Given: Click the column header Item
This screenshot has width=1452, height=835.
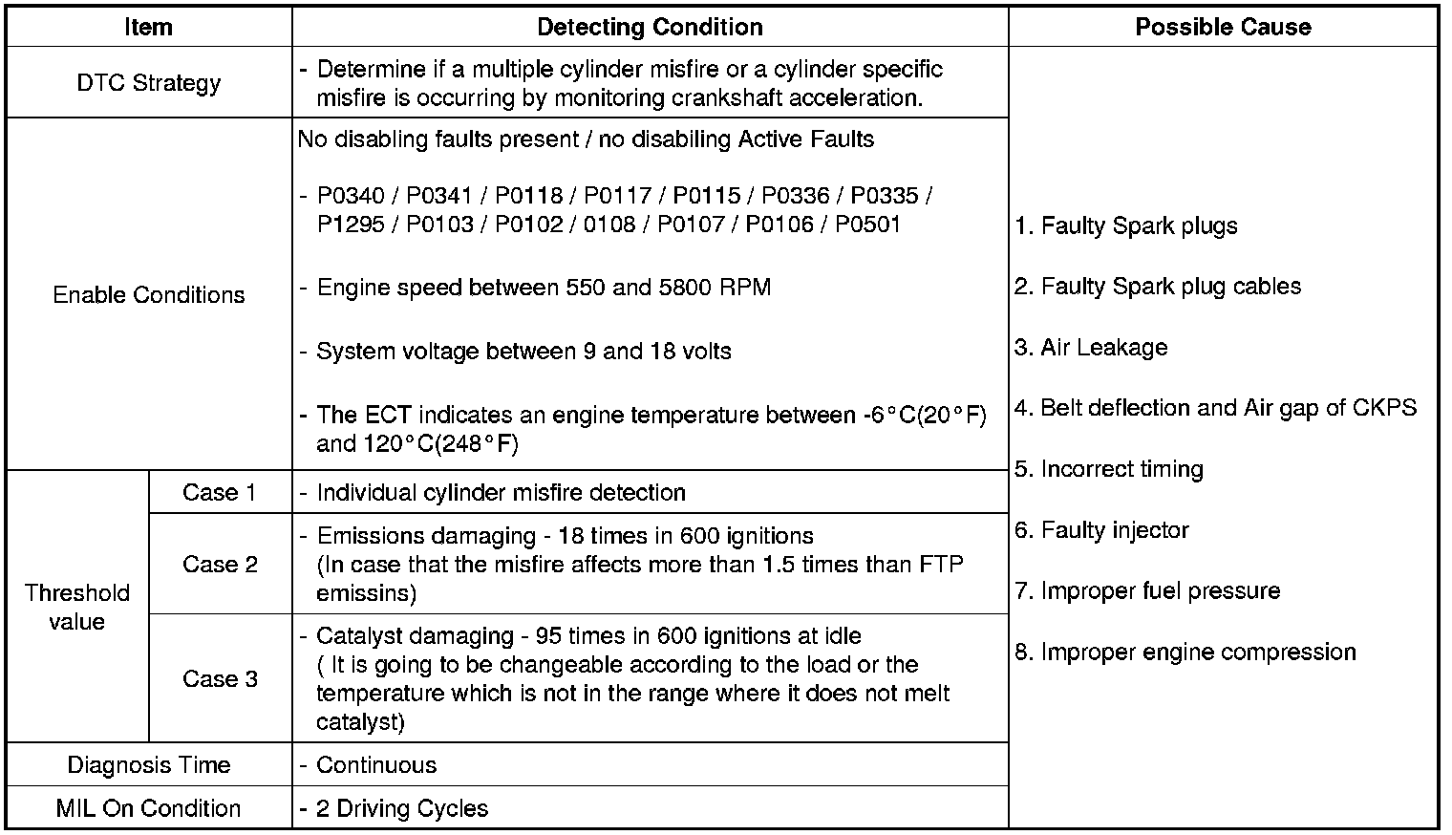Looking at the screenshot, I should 148,27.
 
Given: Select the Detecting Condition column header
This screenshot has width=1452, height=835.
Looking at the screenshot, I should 650,27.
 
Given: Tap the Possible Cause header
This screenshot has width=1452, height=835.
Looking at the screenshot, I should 1223,27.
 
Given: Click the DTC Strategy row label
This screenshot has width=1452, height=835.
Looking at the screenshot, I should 148,83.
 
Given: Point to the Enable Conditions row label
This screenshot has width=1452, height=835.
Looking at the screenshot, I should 148,294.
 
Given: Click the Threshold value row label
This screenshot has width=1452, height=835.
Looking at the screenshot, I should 76,607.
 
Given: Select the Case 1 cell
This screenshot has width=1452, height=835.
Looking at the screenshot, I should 220,492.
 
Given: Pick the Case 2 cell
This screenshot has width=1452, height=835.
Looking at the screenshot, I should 220,564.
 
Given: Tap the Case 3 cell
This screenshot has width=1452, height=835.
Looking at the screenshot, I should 220,678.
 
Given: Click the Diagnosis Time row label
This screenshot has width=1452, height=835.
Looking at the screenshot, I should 148,765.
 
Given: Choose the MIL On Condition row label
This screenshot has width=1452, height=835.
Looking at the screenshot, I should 148,808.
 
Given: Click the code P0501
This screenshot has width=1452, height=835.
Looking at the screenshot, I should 867,225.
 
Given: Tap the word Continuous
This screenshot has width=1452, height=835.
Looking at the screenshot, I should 376,765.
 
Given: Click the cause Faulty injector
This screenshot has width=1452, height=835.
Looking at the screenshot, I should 1114,530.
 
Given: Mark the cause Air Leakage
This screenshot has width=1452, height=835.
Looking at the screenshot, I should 1103,348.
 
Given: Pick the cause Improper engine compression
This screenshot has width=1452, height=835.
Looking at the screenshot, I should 1198,653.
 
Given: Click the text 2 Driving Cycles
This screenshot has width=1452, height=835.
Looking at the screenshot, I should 402,808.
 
